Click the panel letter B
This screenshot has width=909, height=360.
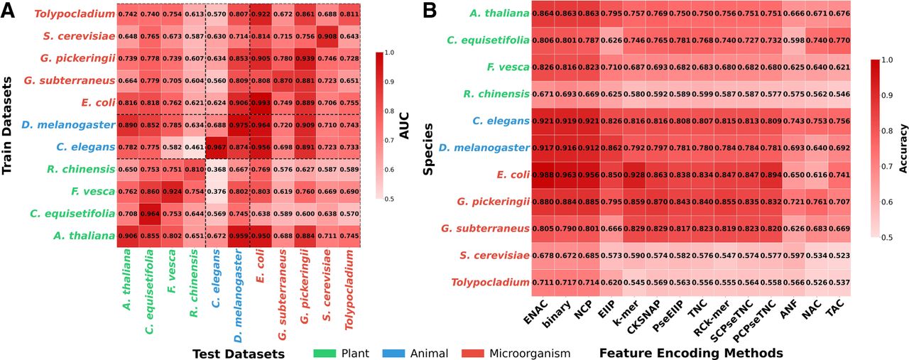point(430,10)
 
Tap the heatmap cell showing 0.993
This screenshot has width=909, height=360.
point(260,102)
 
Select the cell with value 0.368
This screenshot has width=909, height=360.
point(217,169)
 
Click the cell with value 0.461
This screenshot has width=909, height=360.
point(195,147)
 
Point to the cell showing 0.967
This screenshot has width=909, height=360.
point(217,147)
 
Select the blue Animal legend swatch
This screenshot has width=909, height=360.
point(398,352)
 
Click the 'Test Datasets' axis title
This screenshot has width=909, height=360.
point(240,352)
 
